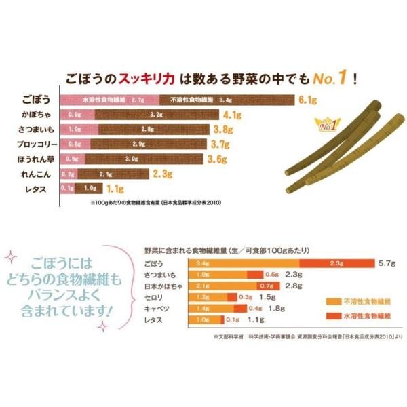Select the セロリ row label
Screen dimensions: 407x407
tap(153, 296)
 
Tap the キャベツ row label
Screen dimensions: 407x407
tap(155, 307)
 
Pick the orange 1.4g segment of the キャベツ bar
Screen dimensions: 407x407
tap(201, 307)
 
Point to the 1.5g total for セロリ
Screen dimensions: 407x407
tap(267, 296)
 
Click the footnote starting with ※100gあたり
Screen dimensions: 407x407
tap(155, 202)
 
